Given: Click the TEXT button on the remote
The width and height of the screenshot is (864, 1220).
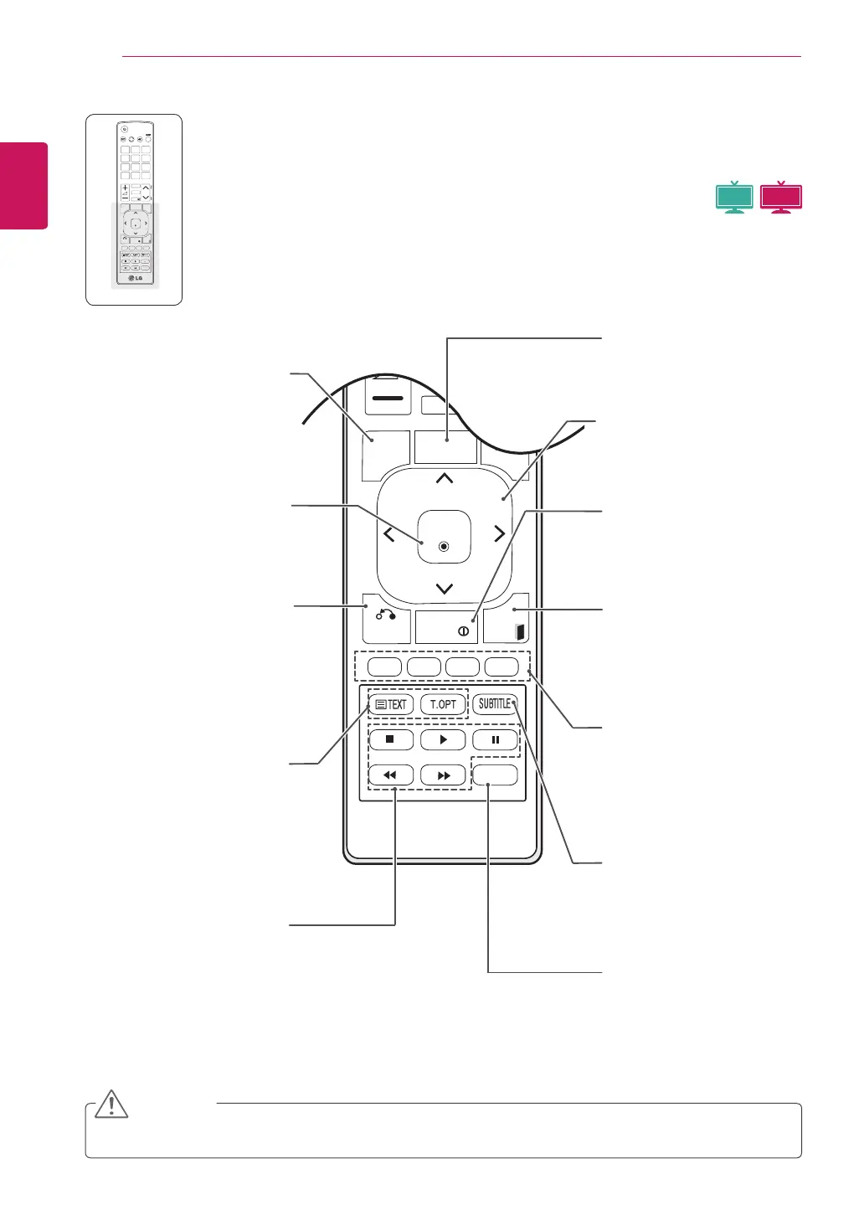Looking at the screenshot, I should point(391,704).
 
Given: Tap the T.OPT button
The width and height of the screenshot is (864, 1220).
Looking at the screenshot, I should point(442,704).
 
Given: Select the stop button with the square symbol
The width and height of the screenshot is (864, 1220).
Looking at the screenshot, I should point(390,739).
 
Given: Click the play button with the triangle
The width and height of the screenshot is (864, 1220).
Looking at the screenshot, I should point(443,739).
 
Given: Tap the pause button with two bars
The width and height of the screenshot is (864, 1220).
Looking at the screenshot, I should point(495,739).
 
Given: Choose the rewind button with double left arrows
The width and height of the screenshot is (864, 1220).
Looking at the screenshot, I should point(390,775).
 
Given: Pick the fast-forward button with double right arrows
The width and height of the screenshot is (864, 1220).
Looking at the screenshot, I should point(443,775).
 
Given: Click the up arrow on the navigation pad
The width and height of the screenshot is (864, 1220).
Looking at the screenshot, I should point(445,479).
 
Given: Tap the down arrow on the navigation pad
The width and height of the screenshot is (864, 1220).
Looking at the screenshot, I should point(445,589).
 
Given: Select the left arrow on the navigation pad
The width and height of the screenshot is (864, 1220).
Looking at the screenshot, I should point(389,534).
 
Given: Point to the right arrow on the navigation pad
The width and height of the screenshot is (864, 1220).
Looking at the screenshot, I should point(499,534).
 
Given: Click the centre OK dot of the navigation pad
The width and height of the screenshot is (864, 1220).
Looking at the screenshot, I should point(444,547).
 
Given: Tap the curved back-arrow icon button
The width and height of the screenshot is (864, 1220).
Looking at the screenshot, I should point(386,615).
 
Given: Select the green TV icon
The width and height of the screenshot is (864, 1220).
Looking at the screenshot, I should point(734,197).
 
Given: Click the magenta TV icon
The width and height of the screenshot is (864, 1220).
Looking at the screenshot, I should point(781,197).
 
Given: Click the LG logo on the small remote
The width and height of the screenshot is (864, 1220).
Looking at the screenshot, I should point(134,278).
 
